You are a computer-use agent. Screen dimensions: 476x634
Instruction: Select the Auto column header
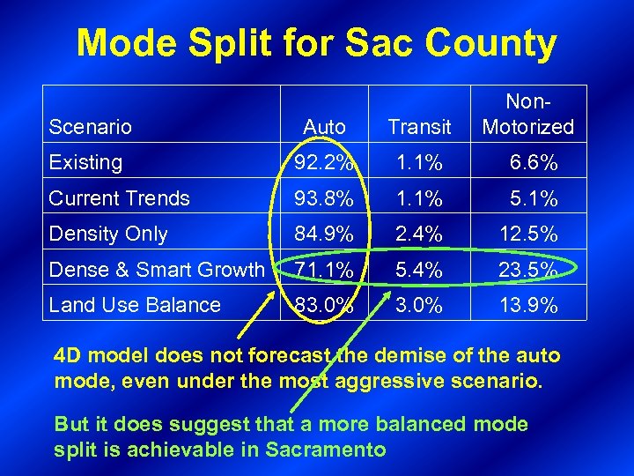click(x=324, y=127)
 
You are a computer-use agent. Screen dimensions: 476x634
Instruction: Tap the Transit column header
click(x=419, y=127)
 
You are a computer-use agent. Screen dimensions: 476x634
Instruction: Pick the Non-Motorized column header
click(x=527, y=115)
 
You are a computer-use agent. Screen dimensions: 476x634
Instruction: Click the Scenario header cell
click(x=90, y=127)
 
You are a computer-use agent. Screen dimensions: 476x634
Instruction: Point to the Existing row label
click(x=85, y=162)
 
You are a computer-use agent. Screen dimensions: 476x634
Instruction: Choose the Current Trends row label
click(x=119, y=198)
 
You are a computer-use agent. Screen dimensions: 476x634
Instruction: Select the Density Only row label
click(x=108, y=234)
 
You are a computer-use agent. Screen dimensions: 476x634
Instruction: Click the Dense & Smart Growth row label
click(x=156, y=270)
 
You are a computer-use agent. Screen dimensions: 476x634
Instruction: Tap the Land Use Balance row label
click(x=135, y=305)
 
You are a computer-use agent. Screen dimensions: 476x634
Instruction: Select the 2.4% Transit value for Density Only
click(x=419, y=234)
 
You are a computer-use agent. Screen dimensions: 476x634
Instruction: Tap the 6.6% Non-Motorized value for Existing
click(x=533, y=163)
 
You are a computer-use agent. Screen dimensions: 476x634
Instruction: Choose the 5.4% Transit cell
click(x=419, y=270)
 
